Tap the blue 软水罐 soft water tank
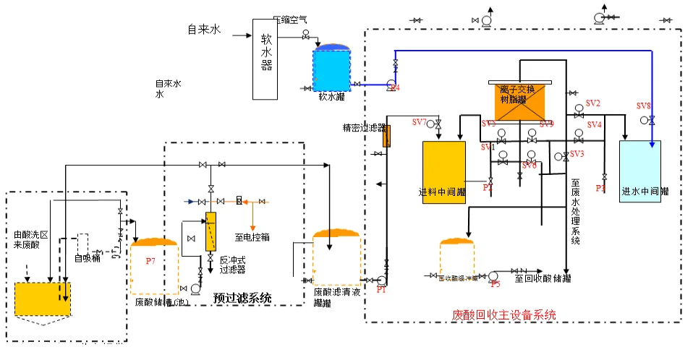[x=331, y=69]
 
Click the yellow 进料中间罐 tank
[x=443, y=172]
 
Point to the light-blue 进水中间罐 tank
[x=639, y=171]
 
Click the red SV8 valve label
[x=643, y=106]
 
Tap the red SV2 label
[x=593, y=103]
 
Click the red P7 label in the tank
[x=151, y=260]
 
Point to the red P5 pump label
[x=496, y=285]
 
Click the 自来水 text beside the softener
[x=204, y=30]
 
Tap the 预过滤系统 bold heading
[x=242, y=298]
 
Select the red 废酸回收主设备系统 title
[x=503, y=315]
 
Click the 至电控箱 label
[x=252, y=236]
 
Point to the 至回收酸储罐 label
[x=543, y=277]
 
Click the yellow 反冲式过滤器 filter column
[x=211, y=231]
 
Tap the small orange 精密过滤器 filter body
[x=386, y=135]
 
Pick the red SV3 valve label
[x=577, y=154]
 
